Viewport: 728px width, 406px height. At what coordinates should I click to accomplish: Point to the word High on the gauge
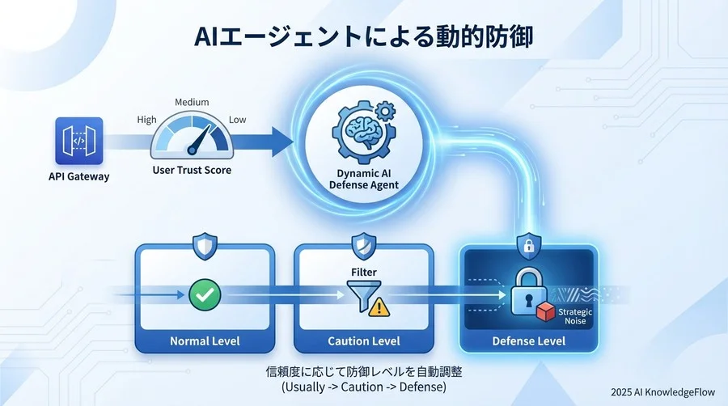tap(146, 120)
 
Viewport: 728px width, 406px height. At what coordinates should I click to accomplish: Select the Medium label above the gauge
tap(192, 103)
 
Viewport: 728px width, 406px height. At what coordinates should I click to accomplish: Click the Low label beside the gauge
tap(239, 120)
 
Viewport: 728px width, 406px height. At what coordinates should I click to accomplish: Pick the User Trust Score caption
tap(193, 171)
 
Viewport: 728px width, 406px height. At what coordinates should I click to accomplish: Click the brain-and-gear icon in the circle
tap(363, 135)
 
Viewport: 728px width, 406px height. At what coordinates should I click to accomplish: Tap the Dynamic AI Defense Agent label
tap(363, 179)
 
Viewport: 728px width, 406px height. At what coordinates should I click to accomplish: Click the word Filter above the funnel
tap(364, 273)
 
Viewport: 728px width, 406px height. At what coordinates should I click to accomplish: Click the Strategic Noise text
tap(575, 315)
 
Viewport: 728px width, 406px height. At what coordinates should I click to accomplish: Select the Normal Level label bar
tap(204, 340)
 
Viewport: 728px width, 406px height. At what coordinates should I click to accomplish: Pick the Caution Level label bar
tap(364, 340)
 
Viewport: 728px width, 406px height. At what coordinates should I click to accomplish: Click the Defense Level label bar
tap(528, 340)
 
